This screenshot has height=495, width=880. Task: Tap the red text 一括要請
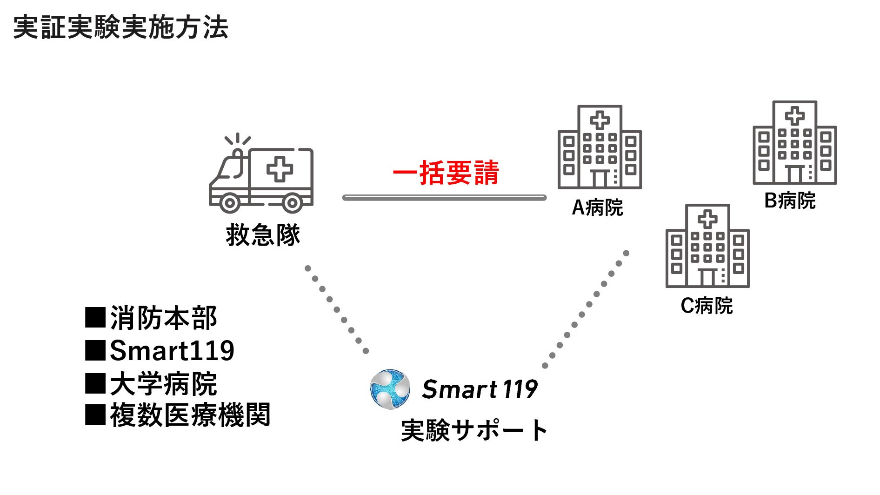coord(446,173)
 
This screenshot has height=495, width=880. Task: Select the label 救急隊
coord(263,235)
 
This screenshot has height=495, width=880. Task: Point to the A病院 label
coord(597,207)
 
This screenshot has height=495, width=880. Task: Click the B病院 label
coord(790,201)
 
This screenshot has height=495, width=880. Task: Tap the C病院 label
coord(707,306)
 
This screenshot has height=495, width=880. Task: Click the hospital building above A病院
coord(600,147)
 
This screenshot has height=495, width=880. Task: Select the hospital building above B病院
coord(794,142)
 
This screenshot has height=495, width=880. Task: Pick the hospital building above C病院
coord(707,246)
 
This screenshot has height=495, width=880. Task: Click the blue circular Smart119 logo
coord(390,389)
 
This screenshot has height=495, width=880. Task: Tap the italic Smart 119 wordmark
coord(480,389)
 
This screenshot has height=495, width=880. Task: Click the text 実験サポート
coord(474,430)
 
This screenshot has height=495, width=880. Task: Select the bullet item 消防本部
coord(163,318)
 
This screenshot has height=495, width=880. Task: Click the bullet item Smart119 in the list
coord(171,351)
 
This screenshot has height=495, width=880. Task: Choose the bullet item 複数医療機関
coord(189,415)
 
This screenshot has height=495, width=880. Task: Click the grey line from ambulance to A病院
coord(444,198)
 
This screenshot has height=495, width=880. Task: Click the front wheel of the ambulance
coord(229,203)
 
